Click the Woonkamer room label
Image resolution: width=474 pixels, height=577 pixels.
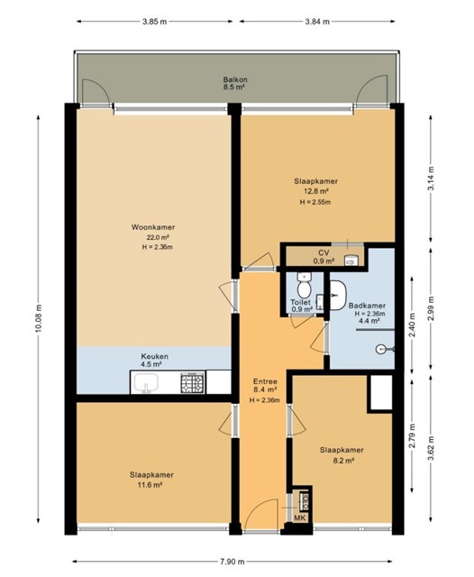(x=153, y=227)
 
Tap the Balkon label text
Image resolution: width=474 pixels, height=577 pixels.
(x=235, y=79)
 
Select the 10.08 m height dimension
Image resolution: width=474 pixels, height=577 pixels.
(x=38, y=318)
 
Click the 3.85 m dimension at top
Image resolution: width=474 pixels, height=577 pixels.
(x=154, y=22)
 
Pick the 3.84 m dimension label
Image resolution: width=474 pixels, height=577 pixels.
(x=317, y=22)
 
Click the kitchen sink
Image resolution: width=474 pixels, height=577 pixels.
(x=146, y=382)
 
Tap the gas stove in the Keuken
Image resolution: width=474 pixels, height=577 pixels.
(x=192, y=382)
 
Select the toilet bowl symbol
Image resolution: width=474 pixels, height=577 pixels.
(x=304, y=287)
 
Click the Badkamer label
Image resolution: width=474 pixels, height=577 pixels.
(x=367, y=306)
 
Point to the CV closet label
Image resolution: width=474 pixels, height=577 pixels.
(x=324, y=252)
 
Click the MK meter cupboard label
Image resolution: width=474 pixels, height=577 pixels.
(x=300, y=518)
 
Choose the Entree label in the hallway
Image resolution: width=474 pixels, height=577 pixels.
(x=265, y=381)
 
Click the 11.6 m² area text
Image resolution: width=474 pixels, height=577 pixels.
(x=150, y=485)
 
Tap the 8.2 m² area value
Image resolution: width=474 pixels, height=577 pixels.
(x=342, y=460)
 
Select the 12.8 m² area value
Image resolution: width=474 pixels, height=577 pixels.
(x=316, y=191)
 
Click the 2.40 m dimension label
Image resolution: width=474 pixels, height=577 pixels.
(x=412, y=322)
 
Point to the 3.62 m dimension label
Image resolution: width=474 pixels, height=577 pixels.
(x=433, y=448)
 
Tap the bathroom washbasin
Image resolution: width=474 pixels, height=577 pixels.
(x=338, y=295)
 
